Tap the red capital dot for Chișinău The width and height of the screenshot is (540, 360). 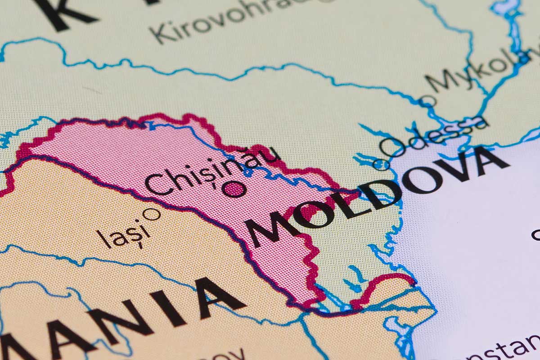234,189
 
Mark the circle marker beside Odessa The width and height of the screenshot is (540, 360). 381,165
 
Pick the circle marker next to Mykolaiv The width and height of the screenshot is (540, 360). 427,101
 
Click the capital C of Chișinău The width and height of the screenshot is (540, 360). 155,184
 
